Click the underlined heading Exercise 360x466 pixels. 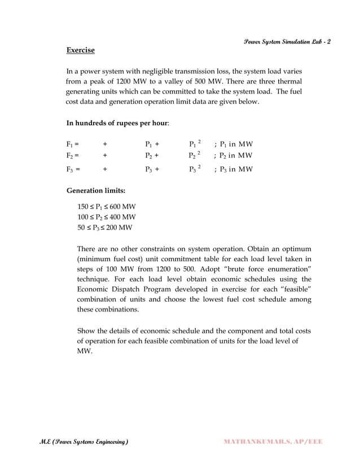click(x=80, y=51)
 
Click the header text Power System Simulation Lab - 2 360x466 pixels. click(x=287, y=42)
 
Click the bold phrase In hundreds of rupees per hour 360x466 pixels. click(x=117, y=122)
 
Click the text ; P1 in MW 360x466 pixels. click(x=233, y=144)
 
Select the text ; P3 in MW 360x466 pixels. click(x=233, y=169)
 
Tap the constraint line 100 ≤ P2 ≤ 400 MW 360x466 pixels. click(x=107, y=217)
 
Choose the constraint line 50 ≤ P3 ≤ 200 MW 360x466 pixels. click(x=105, y=227)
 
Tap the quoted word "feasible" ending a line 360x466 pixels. click(x=292, y=289)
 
